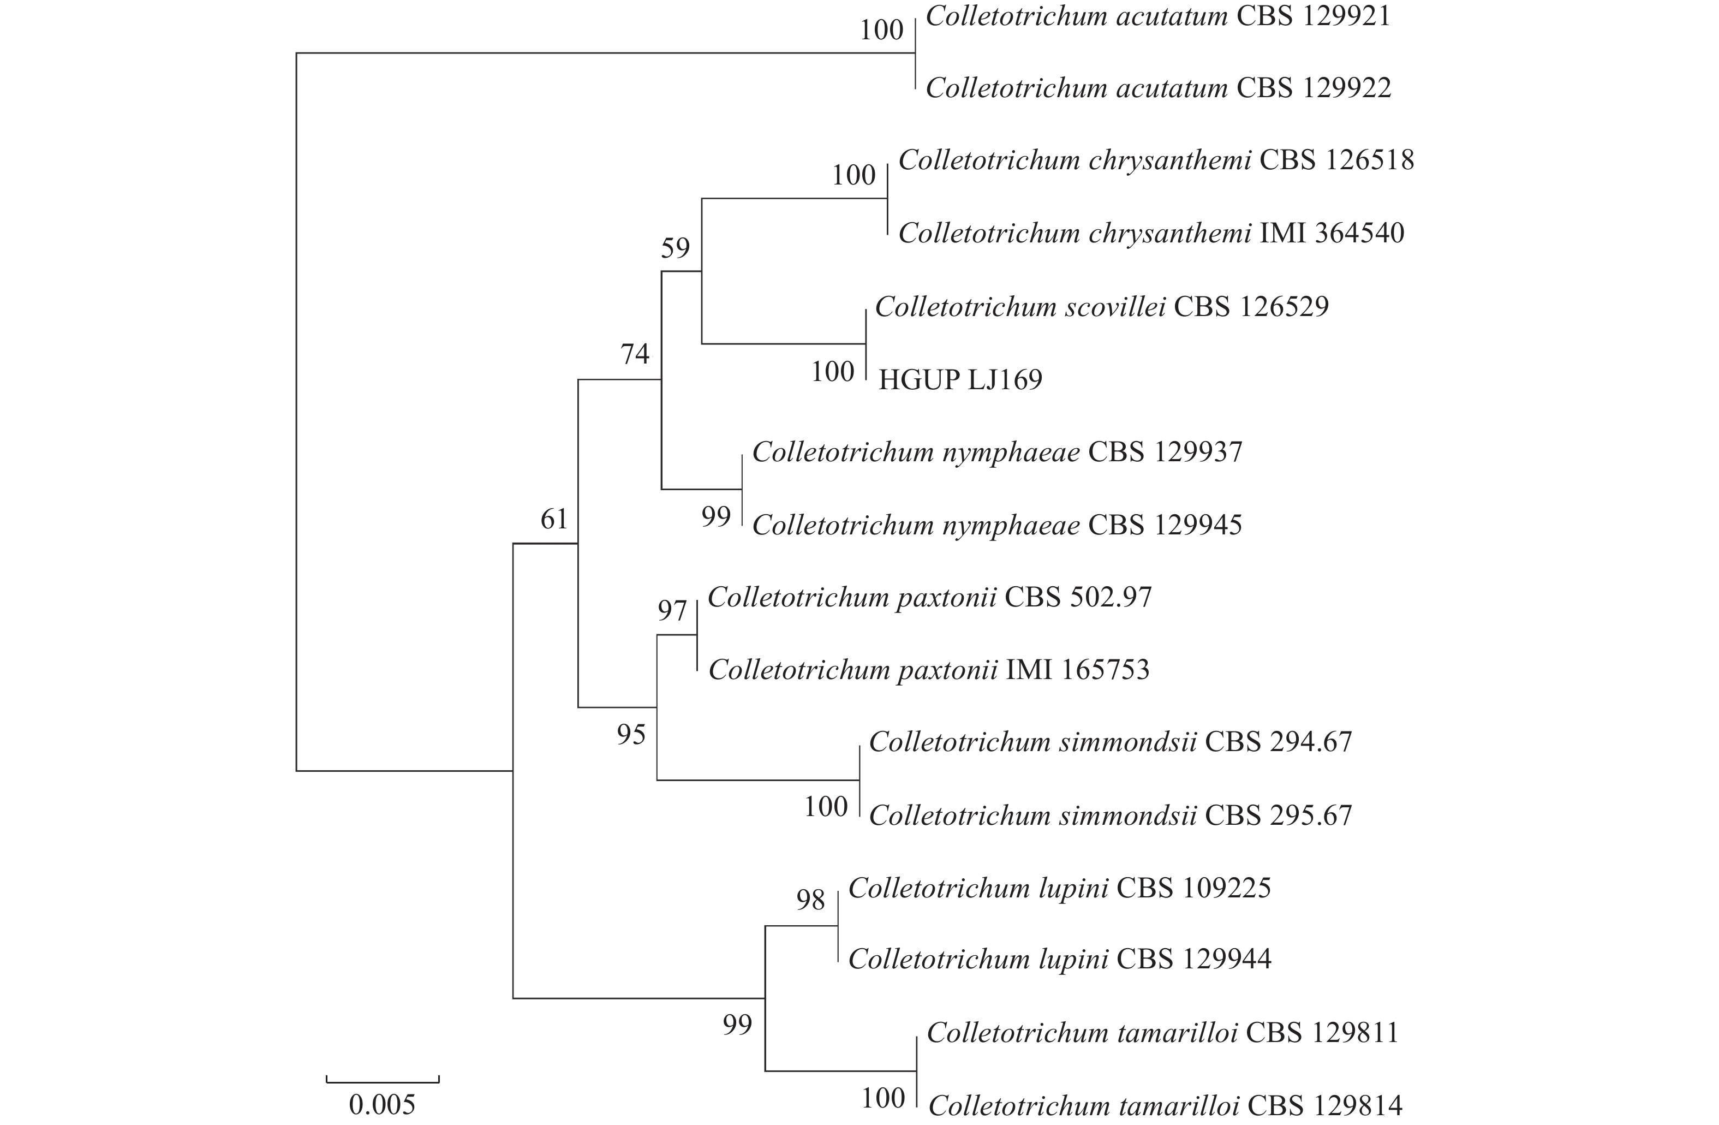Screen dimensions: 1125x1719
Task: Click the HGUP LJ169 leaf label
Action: [960, 380]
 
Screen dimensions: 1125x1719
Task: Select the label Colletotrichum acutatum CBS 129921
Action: [1158, 16]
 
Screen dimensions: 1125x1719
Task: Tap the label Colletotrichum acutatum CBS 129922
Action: [1158, 88]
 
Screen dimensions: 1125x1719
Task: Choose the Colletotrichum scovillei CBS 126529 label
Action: [1101, 307]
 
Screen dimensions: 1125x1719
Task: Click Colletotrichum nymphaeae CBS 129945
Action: [996, 525]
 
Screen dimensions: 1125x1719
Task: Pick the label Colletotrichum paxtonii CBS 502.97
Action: [929, 598]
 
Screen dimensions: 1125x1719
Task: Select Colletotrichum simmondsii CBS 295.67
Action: [1110, 816]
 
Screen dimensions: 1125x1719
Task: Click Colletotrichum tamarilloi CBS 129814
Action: [1165, 1105]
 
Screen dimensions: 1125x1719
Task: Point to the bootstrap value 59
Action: [676, 248]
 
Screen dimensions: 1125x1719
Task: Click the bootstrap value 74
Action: [635, 354]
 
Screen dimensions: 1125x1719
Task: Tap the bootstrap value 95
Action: [630, 735]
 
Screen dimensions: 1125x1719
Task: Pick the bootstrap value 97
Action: [672, 611]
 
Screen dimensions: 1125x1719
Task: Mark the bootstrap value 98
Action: [810, 900]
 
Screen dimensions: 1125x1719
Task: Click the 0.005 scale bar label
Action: [382, 1105]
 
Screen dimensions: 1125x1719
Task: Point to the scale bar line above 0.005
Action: [382, 1082]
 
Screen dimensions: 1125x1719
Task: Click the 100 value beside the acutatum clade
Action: [882, 31]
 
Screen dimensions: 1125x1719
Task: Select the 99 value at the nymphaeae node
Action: [716, 516]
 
